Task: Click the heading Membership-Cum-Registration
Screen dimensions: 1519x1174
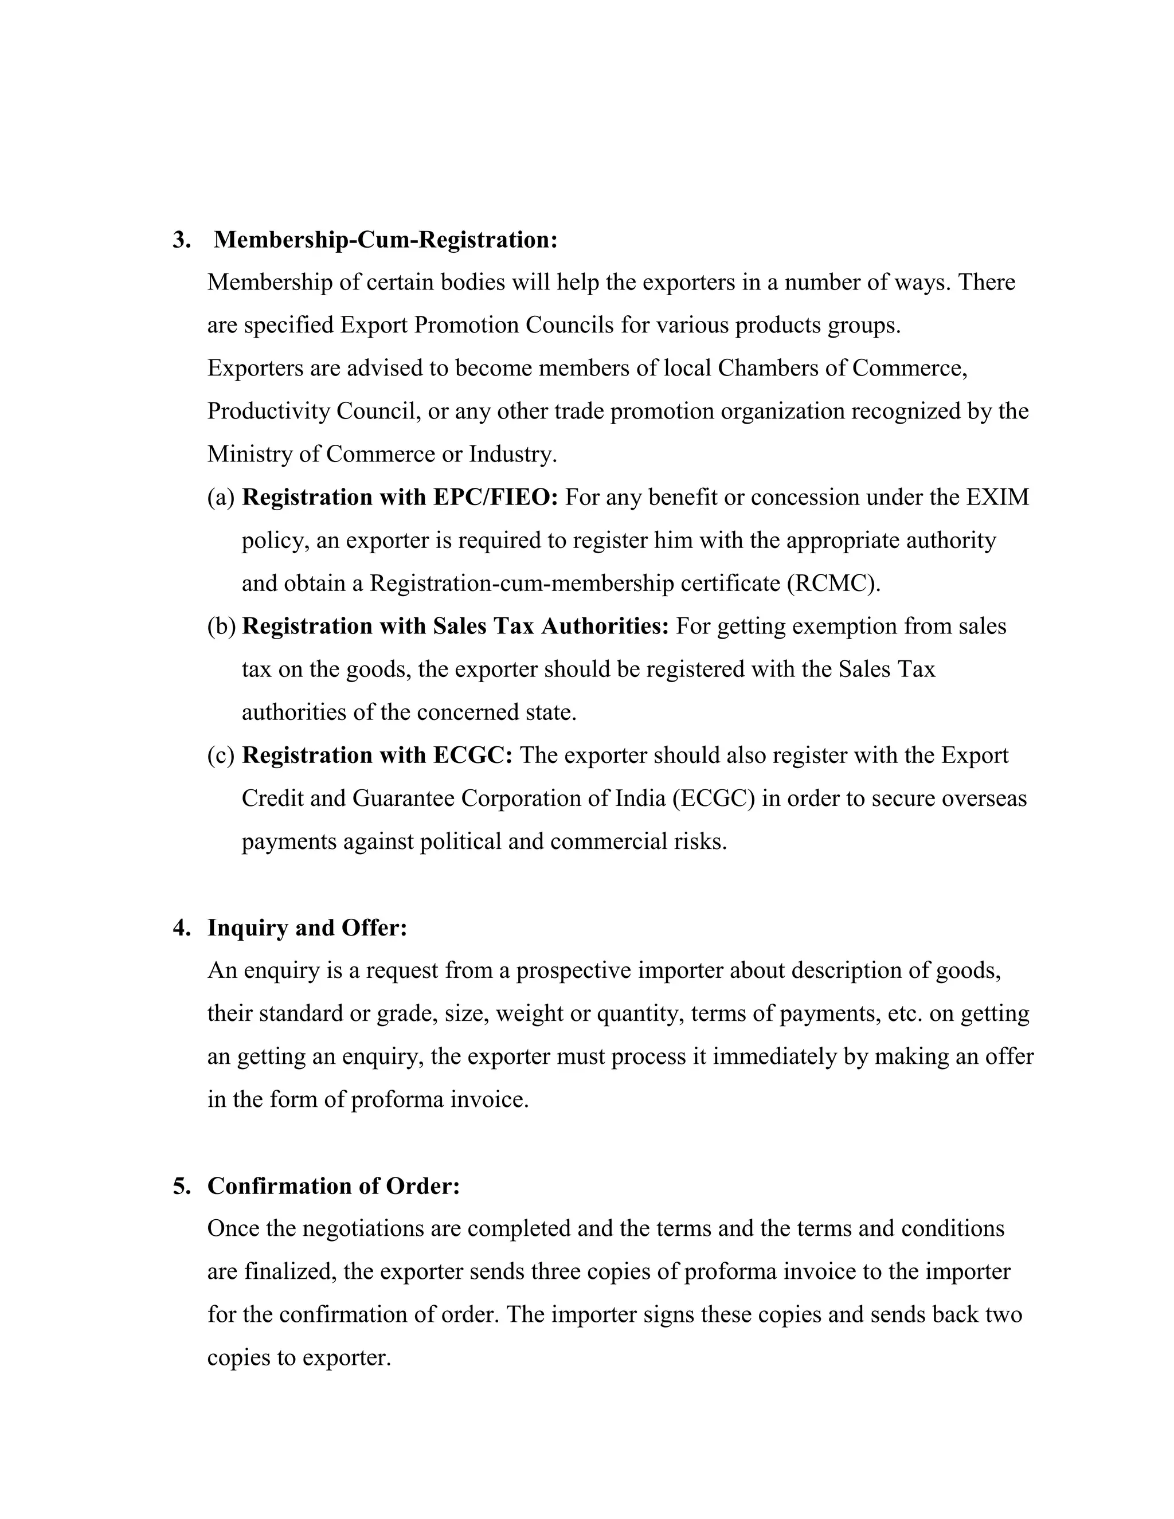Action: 385,240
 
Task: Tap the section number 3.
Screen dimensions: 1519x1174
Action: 182,240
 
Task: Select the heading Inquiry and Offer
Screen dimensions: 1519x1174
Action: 307,928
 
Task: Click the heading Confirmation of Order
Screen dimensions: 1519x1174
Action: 333,1186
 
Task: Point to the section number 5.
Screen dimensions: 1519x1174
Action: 182,1186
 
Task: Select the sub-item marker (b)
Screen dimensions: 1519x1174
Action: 221,627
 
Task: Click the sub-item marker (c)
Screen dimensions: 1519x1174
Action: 221,755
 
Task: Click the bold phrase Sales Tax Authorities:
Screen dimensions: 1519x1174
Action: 551,627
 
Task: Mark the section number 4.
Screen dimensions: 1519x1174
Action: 182,928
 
